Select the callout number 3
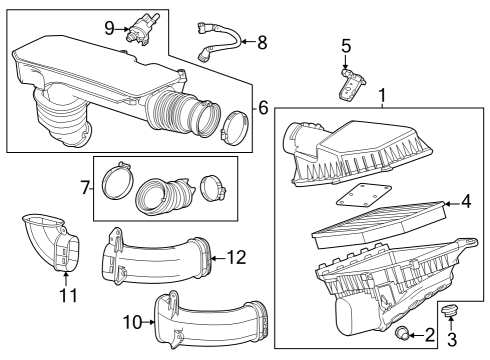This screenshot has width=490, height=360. pos(450,341)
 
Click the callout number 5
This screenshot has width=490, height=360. pos(346,45)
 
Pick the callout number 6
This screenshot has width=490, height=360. pos(263,106)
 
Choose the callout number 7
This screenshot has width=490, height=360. pos(85,186)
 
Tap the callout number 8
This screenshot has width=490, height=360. pos(262,42)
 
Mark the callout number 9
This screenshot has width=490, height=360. pos(110,27)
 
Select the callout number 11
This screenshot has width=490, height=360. pos(67,295)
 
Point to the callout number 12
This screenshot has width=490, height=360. pos(236,257)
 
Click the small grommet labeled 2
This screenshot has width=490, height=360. pos(401,332)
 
